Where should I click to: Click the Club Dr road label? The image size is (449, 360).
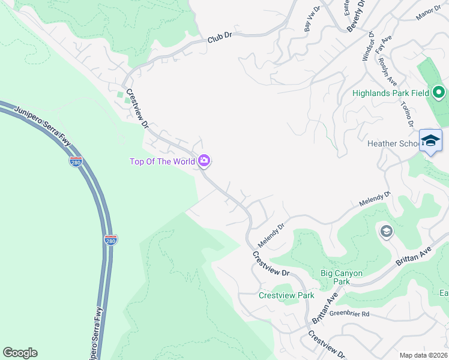[220, 37]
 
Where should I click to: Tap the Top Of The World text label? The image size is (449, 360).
[162, 161]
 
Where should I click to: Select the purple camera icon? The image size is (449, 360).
[205, 160]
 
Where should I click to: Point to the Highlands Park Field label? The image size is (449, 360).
[390, 93]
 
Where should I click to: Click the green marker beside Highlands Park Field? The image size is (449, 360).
[439, 92]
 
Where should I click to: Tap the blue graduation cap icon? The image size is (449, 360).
[430, 140]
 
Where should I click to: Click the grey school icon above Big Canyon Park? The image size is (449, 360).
[387, 231]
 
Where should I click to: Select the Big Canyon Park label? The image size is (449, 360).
[342, 277]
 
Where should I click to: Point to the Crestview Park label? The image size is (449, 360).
[286, 295]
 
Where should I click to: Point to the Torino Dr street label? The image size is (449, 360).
[408, 113]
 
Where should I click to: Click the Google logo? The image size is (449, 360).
[20, 353]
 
